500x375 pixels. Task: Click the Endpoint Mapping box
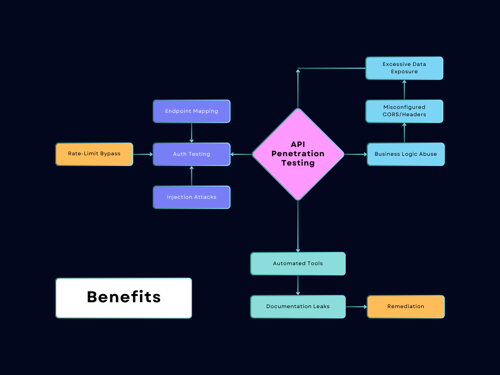[x=191, y=111]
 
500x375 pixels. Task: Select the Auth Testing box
[x=191, y=154]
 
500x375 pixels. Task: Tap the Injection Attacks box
[x=191, y=197]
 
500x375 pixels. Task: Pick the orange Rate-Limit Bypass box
[x=94, y=154]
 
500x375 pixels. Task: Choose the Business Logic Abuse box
[x=406, y=154]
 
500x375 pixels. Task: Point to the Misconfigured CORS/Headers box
[x=404, y=111]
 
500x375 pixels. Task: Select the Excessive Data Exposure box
[x=404, y=68]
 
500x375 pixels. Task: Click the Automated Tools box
[x=298, y=264]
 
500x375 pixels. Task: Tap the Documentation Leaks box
[x=298, y=307]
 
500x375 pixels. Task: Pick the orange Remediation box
[x=406, y=307]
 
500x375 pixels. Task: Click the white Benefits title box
[x=124, y=298]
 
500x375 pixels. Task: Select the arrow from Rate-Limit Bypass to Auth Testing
[x=143, y=154]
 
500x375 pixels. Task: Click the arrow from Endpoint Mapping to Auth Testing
[x=191, y=133]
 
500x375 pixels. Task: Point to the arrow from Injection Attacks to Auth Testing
[x=191, y=176]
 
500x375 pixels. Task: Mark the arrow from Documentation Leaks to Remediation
[x=356, y=307]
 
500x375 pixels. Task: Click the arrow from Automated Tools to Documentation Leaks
[x=298, y=285]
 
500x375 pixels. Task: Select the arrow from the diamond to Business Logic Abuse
[x=355, y=154]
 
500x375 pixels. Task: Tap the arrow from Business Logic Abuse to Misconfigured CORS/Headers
[x=404, y=133]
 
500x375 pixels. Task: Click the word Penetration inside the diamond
[x=298, y=154]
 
